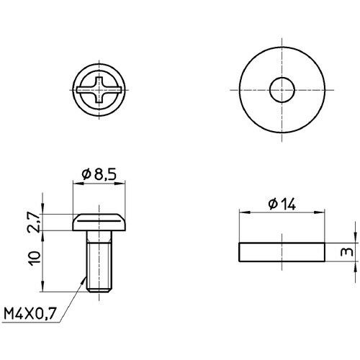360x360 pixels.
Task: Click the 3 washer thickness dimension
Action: click(347, 253)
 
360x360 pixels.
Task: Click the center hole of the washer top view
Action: click(281, 91)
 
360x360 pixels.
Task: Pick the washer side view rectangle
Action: click(281, 253)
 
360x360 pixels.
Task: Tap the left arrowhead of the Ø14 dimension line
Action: click(242, 212)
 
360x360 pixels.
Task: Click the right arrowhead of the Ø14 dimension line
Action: click(320, 212)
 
